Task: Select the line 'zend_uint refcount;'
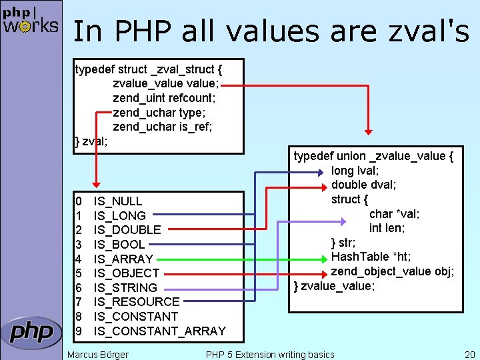click(164, 98)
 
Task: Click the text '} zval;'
click(91, 141)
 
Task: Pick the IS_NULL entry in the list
click(118, 201)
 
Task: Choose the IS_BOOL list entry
click(119, 244)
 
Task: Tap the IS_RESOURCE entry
click(137, 302)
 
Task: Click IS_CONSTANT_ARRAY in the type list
click(159, 331)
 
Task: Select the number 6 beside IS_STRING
click(79, 287)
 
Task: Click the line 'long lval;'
click(355, 171)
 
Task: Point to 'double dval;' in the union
click(363, 185)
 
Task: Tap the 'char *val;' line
click(394, 214)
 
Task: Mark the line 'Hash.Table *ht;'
click(371, 257)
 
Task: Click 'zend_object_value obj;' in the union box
click(393, 271)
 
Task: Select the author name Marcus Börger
click(98, 354)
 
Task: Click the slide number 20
click(469, 354)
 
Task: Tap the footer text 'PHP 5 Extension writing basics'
click(270, 354)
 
